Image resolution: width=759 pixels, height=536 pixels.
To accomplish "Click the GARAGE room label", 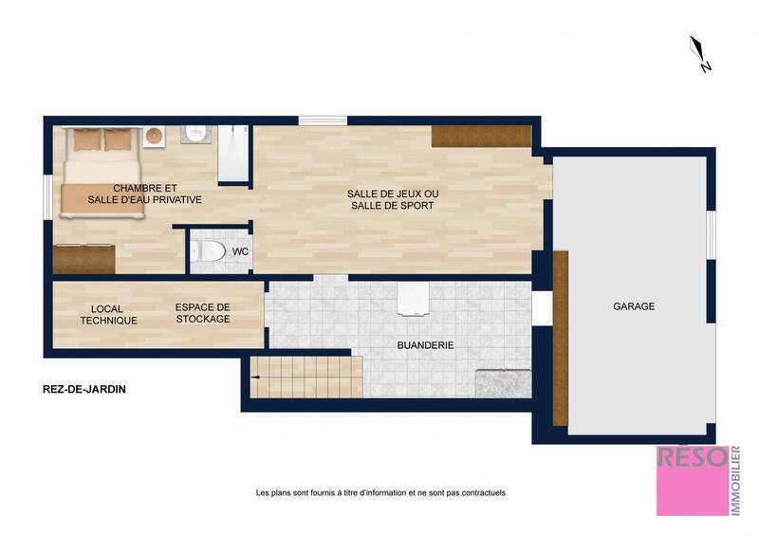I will tap(634, 306).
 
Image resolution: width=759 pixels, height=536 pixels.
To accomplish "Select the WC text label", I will tap(240, 251).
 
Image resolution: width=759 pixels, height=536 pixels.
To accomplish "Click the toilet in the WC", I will tap(207, 251).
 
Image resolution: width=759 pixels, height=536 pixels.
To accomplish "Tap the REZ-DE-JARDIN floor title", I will tap(84, 389).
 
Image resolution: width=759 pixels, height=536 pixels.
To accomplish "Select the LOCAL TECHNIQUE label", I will tap(108, 315).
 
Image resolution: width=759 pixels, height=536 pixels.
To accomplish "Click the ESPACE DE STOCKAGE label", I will tap(203, 313).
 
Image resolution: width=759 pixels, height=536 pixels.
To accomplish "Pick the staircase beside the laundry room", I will tap(305, 377).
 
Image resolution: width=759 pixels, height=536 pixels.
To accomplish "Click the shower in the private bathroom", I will tap(232, 154).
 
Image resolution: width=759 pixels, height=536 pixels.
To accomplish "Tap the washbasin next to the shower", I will tap(197, 134).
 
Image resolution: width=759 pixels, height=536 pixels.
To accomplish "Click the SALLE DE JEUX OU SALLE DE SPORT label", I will tap(392, 199).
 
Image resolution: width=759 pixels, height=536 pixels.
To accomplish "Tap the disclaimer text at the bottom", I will tap(380, 492).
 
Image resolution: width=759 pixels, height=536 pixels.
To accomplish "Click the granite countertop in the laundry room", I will tap(503, 383).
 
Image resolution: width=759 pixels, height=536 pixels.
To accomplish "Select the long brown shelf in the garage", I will tap(560, 338).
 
